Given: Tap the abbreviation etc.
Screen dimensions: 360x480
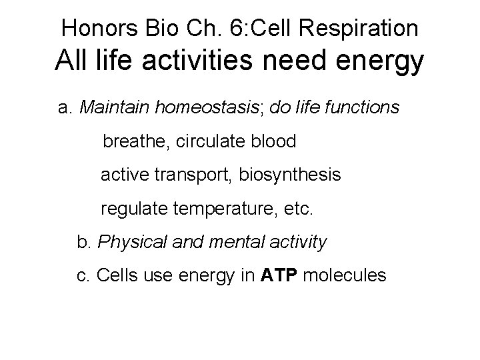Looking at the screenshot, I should coord(297,209).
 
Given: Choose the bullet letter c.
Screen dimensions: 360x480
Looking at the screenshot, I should coord(83,275).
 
